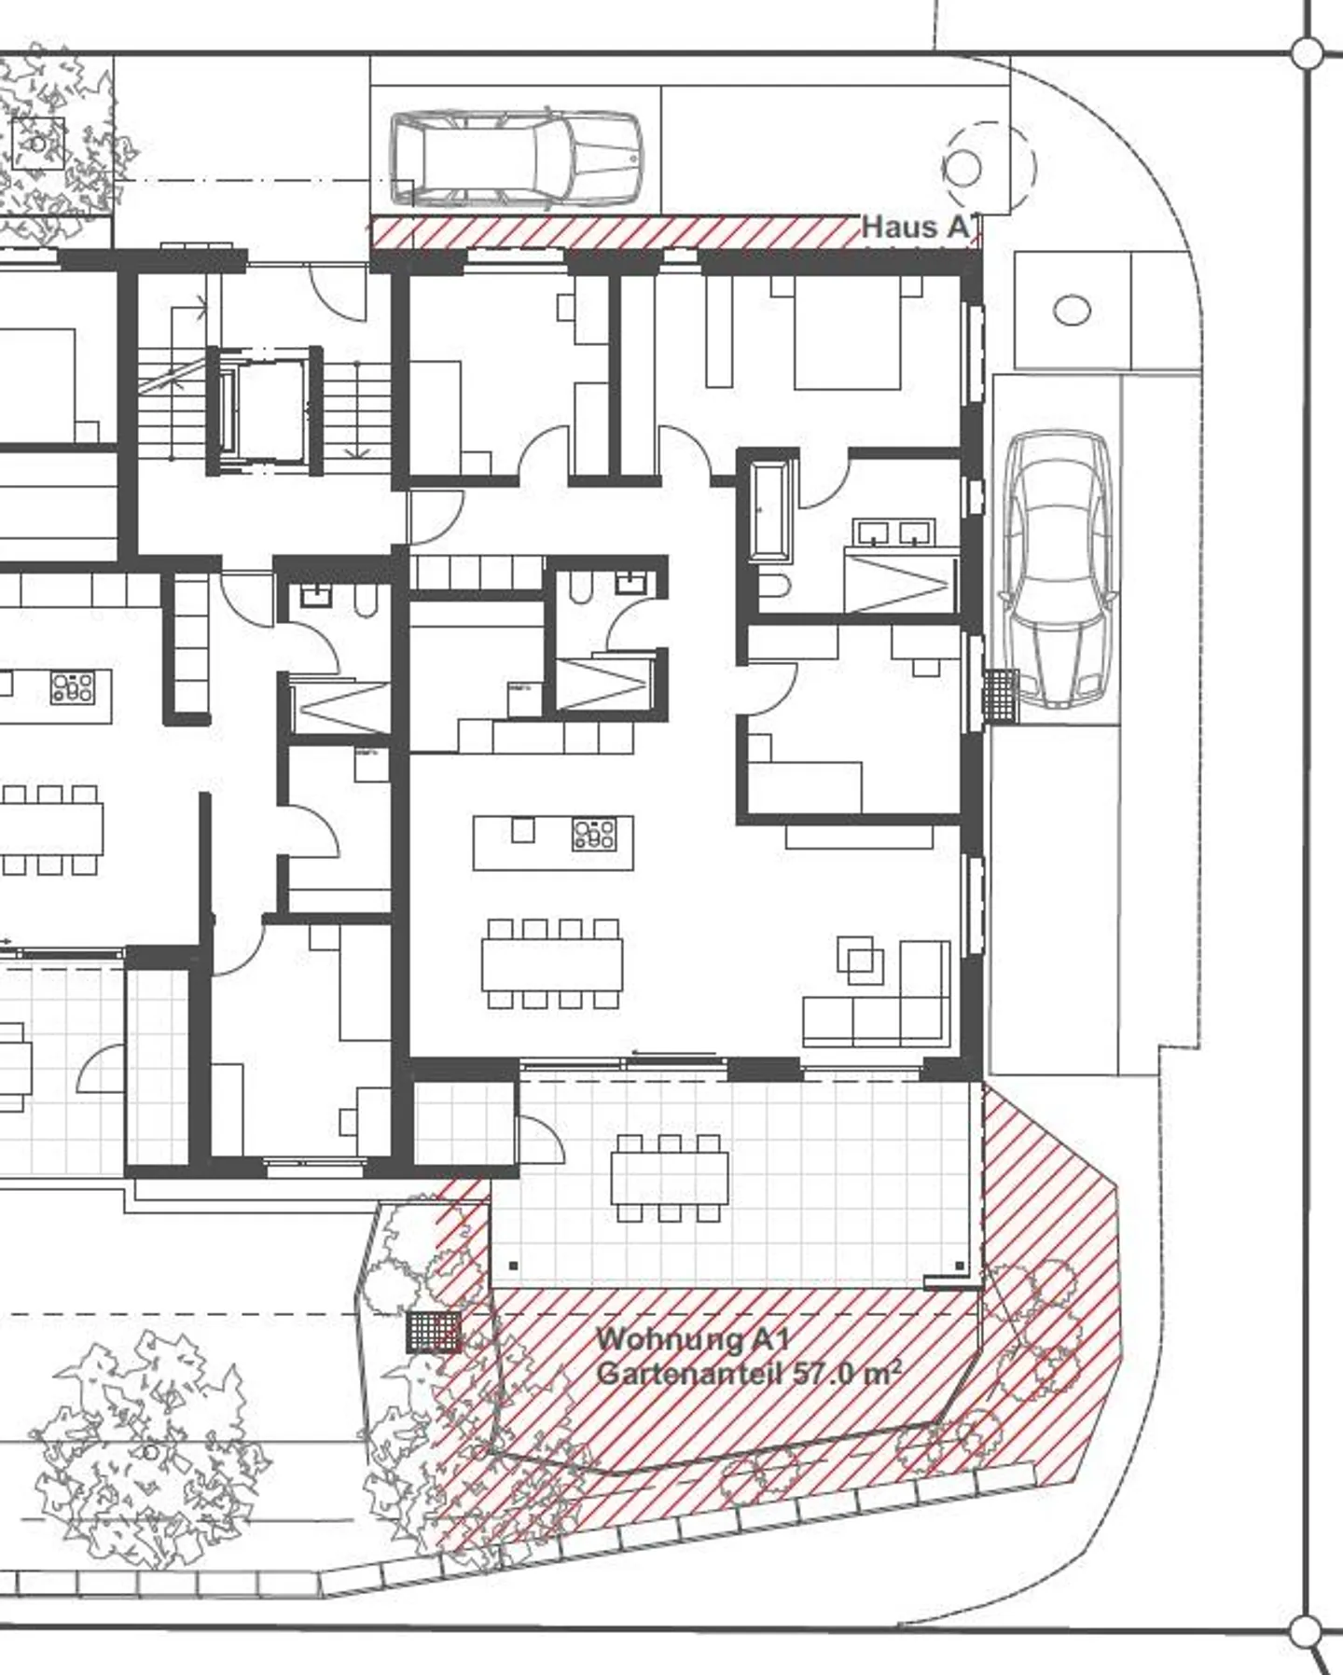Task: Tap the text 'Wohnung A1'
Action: [692, 1339]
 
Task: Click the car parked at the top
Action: [516, 159]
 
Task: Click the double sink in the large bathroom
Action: [893, 532]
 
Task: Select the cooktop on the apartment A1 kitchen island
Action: [594, 834]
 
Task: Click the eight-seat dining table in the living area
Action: [552, 964]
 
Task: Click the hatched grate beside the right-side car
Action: [1000, 695]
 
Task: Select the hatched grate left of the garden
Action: [434, 1331]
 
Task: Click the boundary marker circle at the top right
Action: [1308, 53]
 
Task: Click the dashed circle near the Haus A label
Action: [989, 168]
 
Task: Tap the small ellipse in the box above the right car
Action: [1072, 310]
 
